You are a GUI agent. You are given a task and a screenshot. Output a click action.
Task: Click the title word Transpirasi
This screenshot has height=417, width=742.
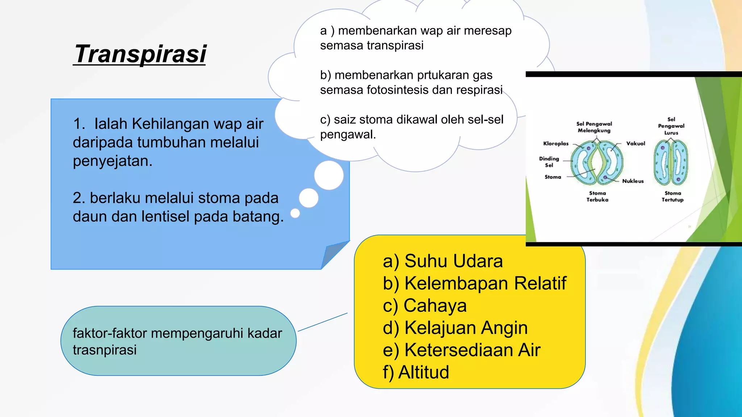click(x=140, y=54)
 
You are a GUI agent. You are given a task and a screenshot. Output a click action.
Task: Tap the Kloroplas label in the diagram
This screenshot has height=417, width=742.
click(x=556, y=144)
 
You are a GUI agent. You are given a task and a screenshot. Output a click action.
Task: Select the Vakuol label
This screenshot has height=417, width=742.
click(x=635, y=144)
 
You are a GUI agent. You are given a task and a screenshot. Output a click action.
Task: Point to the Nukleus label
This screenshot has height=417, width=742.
click(x=633, y=181)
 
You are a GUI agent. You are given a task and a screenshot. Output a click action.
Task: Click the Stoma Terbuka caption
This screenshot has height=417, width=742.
click(x=597, y=197)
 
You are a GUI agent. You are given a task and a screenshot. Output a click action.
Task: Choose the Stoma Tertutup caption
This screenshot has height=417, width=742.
click(x=672, y=197)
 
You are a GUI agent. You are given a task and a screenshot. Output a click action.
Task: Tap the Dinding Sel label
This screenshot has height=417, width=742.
click(x=549, y=162)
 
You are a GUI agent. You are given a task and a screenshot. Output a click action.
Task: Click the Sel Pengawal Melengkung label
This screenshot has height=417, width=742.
click(x=594, y=127)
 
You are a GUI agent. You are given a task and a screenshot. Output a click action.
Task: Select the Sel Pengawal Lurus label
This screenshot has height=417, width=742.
click(x=671, y=126)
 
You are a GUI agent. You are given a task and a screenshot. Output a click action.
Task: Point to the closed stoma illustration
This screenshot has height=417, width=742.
click(x=671, y=163)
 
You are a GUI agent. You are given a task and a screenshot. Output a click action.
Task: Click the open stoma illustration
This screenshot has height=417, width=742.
click(x=597, y=163)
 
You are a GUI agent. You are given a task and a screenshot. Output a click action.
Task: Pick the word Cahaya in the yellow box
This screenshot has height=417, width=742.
click(x=435, y=306)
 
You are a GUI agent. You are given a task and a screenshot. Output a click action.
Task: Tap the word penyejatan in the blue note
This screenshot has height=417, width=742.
click(x=112, y=161)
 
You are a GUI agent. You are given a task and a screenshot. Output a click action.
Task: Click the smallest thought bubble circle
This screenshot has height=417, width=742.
click(x=295, y=213)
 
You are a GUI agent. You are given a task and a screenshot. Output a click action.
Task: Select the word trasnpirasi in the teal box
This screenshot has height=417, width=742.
click(x=105, y=350)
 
